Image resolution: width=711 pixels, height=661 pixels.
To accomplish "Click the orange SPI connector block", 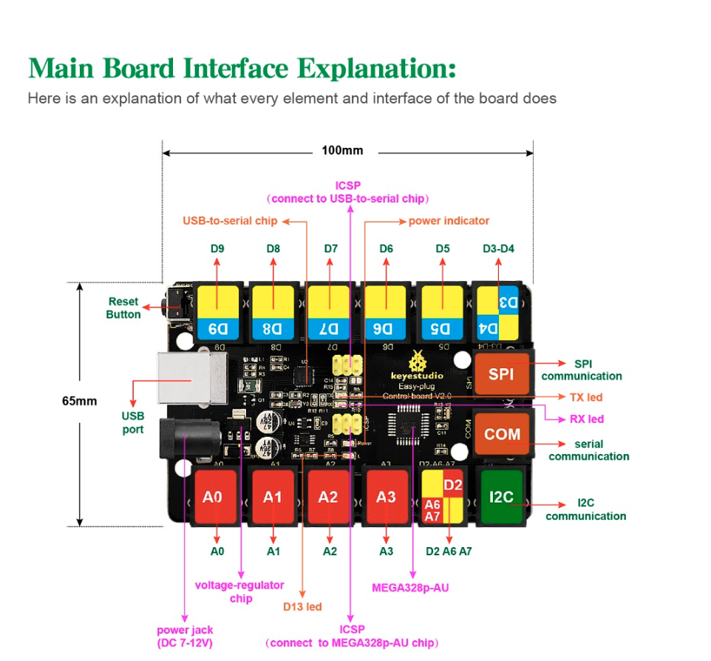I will click(501, 374).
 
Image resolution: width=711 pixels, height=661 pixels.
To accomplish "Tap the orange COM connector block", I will click(502, 434).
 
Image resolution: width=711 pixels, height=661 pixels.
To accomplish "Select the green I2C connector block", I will click(501, 497).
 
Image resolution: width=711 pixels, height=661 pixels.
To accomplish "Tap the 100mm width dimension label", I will click(342, 151).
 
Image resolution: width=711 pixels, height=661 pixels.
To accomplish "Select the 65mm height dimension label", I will click(79, 401).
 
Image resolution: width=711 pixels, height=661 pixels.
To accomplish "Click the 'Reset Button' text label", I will click(123, 308).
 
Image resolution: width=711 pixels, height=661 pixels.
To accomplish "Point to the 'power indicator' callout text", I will click(449, 220).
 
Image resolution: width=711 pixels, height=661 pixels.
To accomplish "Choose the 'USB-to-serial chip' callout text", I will click(230, 220).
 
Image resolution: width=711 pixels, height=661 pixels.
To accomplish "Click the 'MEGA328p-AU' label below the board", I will click(410, 588).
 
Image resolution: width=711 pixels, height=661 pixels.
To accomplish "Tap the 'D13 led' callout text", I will click(302, 606).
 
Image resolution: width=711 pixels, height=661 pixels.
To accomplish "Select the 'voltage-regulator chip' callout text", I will click(239, 591).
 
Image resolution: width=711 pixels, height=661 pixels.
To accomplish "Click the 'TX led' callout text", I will click(586, 397).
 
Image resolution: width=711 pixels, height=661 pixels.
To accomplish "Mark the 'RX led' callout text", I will click(586, 418).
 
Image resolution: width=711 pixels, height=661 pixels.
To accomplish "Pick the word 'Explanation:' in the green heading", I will click(376, 68).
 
